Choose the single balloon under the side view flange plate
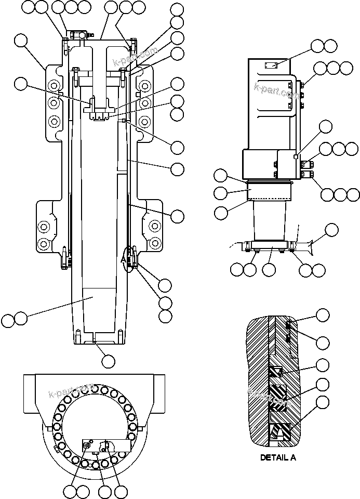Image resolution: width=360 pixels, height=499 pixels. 269,269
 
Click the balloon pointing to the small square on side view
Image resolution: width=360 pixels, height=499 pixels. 325,126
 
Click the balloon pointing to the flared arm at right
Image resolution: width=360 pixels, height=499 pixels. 331,229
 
